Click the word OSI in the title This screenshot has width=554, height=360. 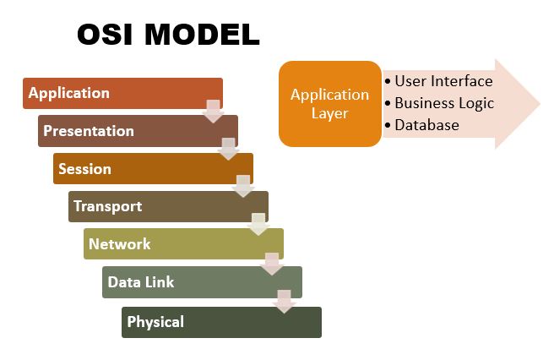[x=109, y=34]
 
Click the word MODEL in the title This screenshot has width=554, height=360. [x=203, y=34]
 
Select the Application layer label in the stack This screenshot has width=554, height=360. [x=69, y=93]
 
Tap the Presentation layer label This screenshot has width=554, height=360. [x=89, y=131]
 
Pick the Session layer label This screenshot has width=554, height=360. [x=84, y=168]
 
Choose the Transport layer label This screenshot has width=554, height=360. [x=107, y=206]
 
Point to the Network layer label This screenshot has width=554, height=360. [x=119, y=244]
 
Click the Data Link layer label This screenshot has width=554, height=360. [x=140, y=282]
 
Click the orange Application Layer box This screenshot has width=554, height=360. [x=330, y=104]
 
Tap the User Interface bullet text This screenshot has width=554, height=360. [x=443, y=81]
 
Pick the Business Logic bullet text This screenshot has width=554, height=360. [x=444, y=103]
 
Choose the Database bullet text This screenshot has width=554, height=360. [x=426, y=125]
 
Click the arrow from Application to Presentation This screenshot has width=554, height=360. [x=213, y=111]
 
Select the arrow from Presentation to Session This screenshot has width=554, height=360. [x=228, y=149]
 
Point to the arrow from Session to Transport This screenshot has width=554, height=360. [x=243, y=186]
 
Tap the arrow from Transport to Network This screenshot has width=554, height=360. [x=258, y=224]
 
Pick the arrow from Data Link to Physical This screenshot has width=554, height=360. [x=285, y=302]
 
